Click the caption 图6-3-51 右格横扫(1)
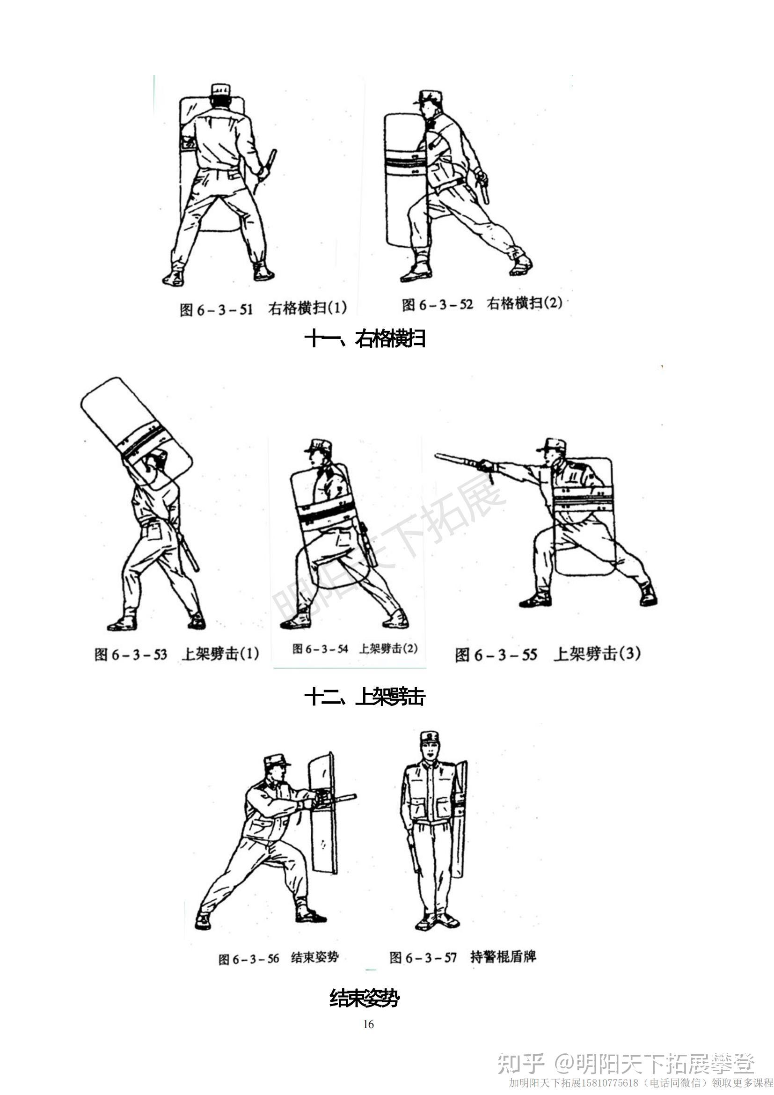(x=263, y=309)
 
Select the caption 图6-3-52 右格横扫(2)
(x=482, y=304)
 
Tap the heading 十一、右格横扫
(x=365, y=339)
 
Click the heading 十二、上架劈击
(x=365, y=698)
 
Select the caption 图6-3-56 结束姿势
(x=278, y=958)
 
